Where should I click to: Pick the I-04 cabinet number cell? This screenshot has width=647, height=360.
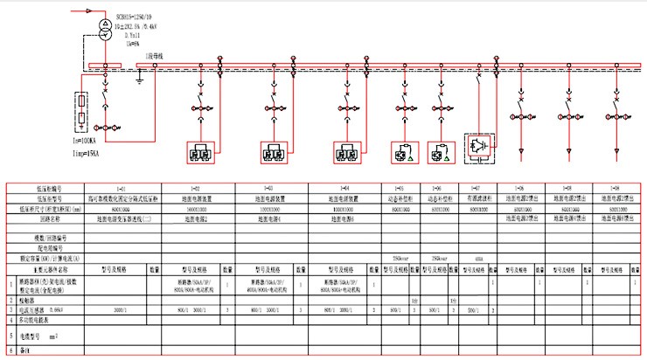point(347,190)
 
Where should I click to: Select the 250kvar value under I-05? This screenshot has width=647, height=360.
point(400,260)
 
